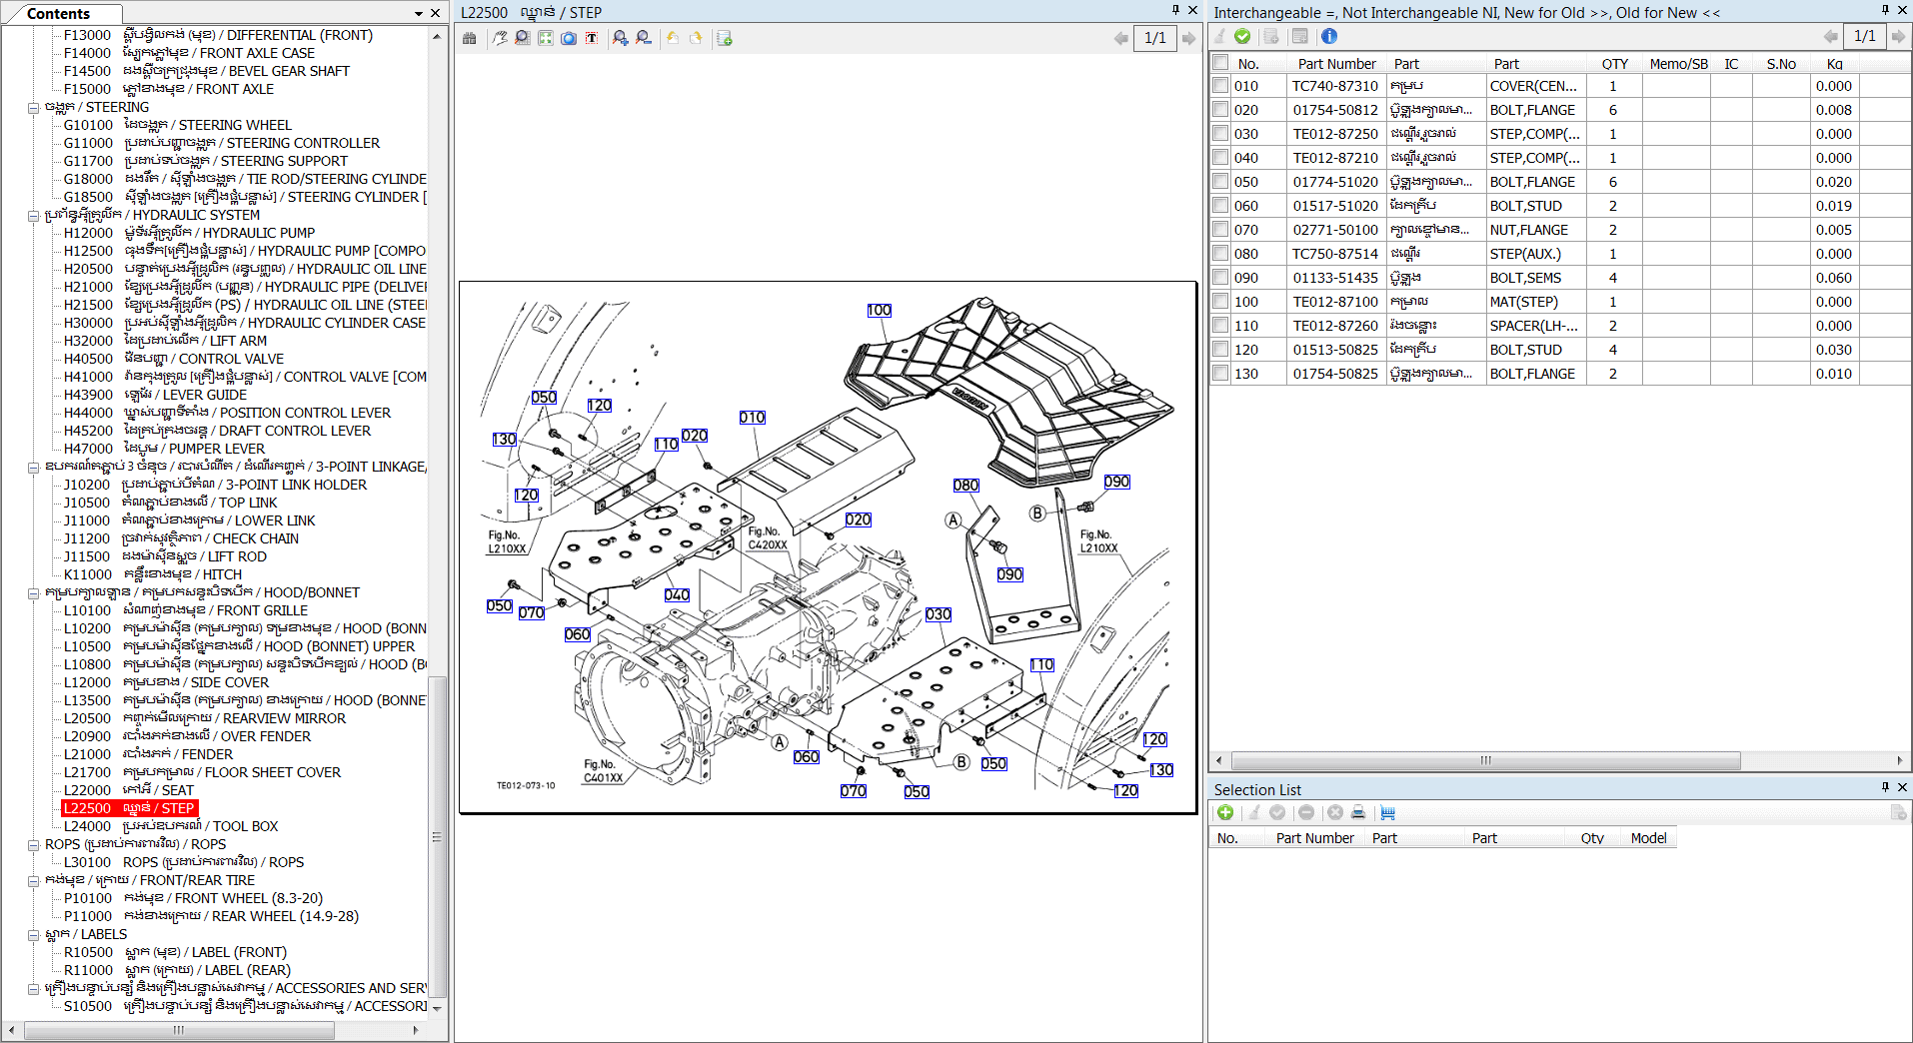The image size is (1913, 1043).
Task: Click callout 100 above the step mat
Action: tap(879, 311)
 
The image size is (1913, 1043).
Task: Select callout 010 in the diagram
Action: tap(752, 418)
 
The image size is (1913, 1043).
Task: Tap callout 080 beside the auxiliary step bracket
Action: tap(965, 486)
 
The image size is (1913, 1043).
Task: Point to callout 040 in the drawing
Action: tap(677, 594)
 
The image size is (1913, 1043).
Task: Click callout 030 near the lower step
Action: tap(938, 614)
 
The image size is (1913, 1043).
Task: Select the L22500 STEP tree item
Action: tap(130, 808)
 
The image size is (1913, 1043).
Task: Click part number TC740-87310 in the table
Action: tap(1334, 86)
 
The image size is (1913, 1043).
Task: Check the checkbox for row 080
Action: tap(1220, 253)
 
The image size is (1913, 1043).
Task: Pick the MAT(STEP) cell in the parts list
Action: tap(1523, 302)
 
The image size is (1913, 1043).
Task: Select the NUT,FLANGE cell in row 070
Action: tap(1528, 230)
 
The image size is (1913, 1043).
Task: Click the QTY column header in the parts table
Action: tap(1614, 64)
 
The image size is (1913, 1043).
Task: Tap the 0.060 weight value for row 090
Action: tap(1833, 278)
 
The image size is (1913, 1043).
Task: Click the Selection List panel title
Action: tap(1257, 789)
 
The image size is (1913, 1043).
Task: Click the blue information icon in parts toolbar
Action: tap(1328, 37)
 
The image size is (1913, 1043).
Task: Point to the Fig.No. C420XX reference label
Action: tap(767, 538)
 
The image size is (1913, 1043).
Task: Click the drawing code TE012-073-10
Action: tap(526, 785)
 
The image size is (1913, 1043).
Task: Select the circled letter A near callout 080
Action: tap(954, 520)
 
